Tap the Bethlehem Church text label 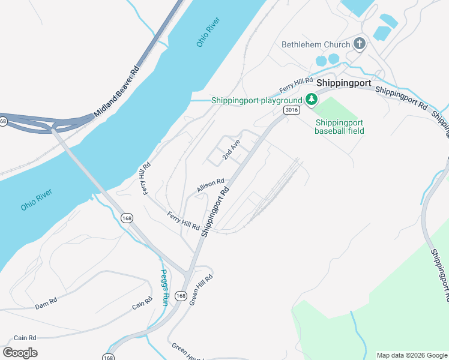click(316, 44)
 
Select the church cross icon click(360, 43)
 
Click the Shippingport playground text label click(256, 100)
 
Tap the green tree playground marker click(311, 100)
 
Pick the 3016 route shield click(292, 110)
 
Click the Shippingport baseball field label click(339, 126)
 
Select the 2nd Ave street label click(231, 149)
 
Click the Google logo click(20, 352)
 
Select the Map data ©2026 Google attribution click(412, 355)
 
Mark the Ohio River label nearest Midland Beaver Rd click(209, 32)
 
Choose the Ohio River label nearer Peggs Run click(37, 199)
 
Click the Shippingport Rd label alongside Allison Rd click(215, 211)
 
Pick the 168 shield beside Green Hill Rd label click(181, 296)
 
